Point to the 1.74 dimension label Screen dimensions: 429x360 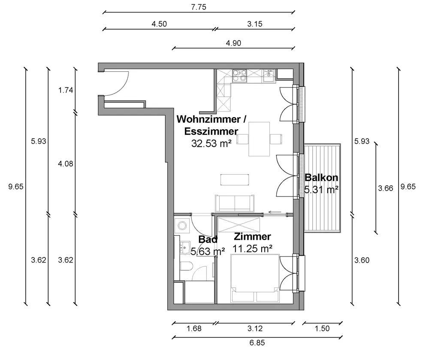66,90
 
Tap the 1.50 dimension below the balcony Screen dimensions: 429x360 322,329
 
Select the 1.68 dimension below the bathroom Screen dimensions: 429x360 194,329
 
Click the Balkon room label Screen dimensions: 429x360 321,177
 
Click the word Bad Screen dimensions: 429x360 208,239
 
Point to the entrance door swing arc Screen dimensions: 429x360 119,85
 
